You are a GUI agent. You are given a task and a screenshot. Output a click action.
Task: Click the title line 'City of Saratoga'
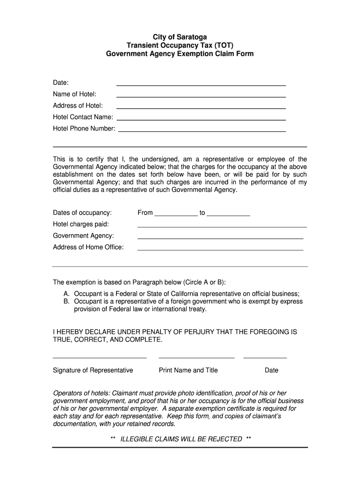pos(180,37)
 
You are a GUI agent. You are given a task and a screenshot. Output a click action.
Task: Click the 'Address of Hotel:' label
pos(78,106)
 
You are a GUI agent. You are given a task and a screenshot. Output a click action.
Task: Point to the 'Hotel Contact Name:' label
pos(83,117)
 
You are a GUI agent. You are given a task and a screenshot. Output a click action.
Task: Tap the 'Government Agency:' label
pos(83,236)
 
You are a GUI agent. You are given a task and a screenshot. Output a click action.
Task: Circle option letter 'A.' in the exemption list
pos(67,294)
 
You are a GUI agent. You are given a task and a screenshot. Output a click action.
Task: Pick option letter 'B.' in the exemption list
pos(67,302)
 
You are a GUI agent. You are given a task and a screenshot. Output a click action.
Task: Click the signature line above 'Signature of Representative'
pos(100,357)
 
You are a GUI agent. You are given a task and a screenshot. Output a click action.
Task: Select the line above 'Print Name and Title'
pos(196,357)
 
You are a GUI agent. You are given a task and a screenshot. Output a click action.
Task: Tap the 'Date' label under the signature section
pos(271,370)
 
